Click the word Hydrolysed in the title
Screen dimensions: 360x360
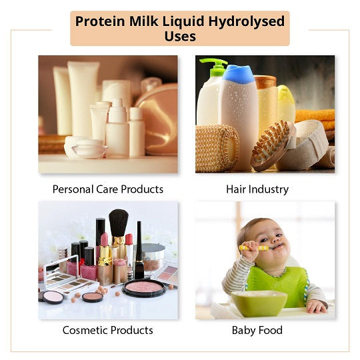(247, 21)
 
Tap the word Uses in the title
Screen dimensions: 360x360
(180, 36)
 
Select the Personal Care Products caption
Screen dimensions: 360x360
(108, 189)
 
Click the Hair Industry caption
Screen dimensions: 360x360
(257, 189)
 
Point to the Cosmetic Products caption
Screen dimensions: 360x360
(108, 331)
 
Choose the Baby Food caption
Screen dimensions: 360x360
(257, 331)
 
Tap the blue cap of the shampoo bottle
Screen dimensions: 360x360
(239, 74)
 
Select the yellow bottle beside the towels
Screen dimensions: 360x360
(286, 104)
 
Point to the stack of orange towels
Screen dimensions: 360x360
(315, 122)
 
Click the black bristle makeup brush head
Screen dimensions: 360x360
(119, 223)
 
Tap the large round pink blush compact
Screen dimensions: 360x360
(144, 287)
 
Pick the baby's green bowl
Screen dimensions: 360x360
(259, 303)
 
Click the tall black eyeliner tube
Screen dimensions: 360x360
(139, 250)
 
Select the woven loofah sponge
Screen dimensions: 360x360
(217, 148)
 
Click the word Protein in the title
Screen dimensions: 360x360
(100, 21)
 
